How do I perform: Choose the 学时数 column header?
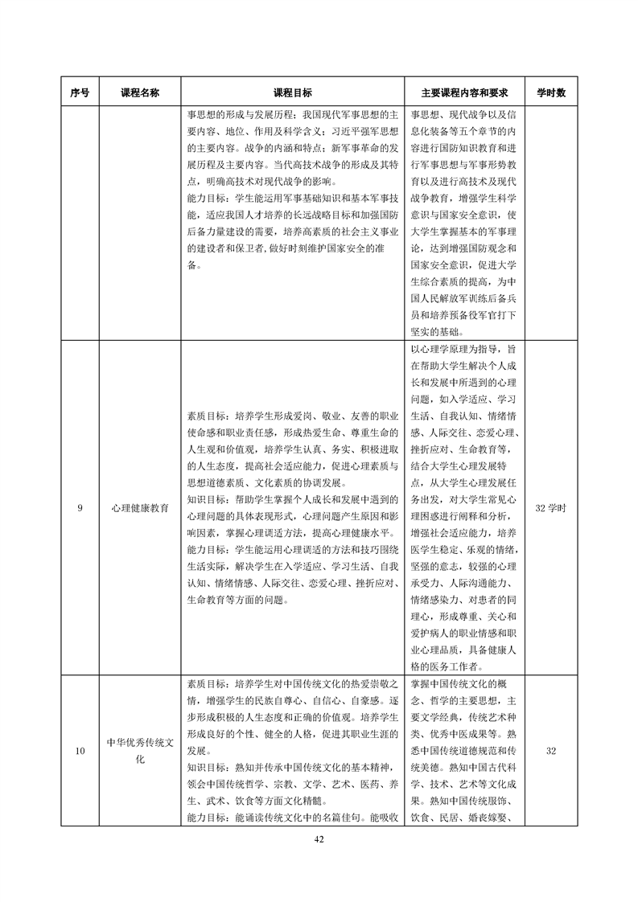tap(551, 92)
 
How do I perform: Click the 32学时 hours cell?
tap(551, 508)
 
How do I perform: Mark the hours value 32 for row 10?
tap(551, 751)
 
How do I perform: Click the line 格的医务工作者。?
tap(447, 666)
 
